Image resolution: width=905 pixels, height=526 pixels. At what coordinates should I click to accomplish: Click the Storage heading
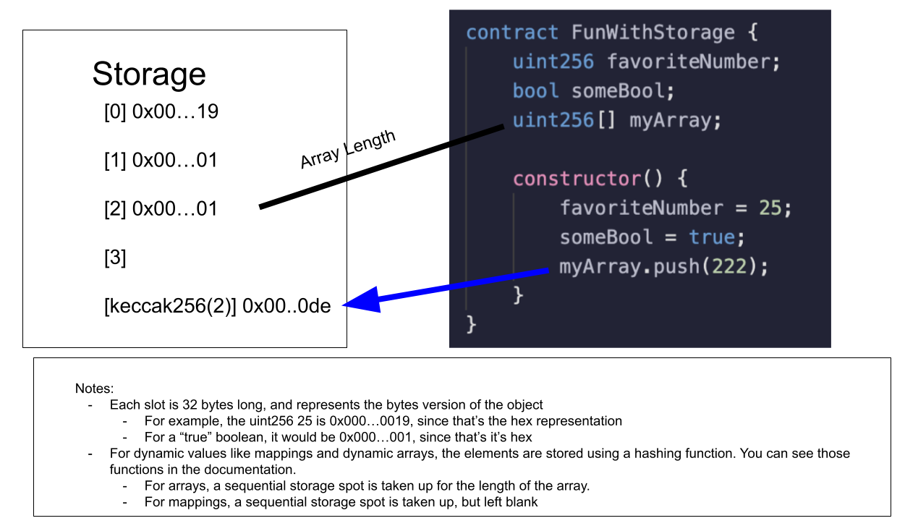tap(149, 74)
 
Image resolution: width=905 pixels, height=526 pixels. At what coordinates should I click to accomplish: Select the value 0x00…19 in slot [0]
tap(175, 112)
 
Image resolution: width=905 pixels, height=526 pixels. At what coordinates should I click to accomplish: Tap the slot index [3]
tap(115, 257)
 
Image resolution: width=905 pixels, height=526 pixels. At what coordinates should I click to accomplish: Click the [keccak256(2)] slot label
tap(171, 306)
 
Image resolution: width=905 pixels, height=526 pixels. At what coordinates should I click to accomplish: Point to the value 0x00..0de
tap(286, 306)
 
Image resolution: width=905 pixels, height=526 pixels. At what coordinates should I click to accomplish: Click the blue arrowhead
tap(362, 300)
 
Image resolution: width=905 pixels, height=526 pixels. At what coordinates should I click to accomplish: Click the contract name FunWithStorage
tap(653, 33)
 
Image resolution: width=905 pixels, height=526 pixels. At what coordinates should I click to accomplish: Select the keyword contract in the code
tap(512, 33)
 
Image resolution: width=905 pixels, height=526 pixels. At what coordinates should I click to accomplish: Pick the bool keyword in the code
tap(535, 90)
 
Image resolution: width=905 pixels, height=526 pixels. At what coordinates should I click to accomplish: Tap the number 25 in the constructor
tap(770, 208)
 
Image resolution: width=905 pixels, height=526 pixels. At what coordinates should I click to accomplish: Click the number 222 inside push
tap(730, 266)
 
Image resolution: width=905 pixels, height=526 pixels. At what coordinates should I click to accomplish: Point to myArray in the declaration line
tap(660, 119)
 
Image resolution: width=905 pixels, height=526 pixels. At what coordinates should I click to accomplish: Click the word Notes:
tap(95, 389)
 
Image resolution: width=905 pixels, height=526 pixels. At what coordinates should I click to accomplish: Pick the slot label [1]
tap(115, 161)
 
